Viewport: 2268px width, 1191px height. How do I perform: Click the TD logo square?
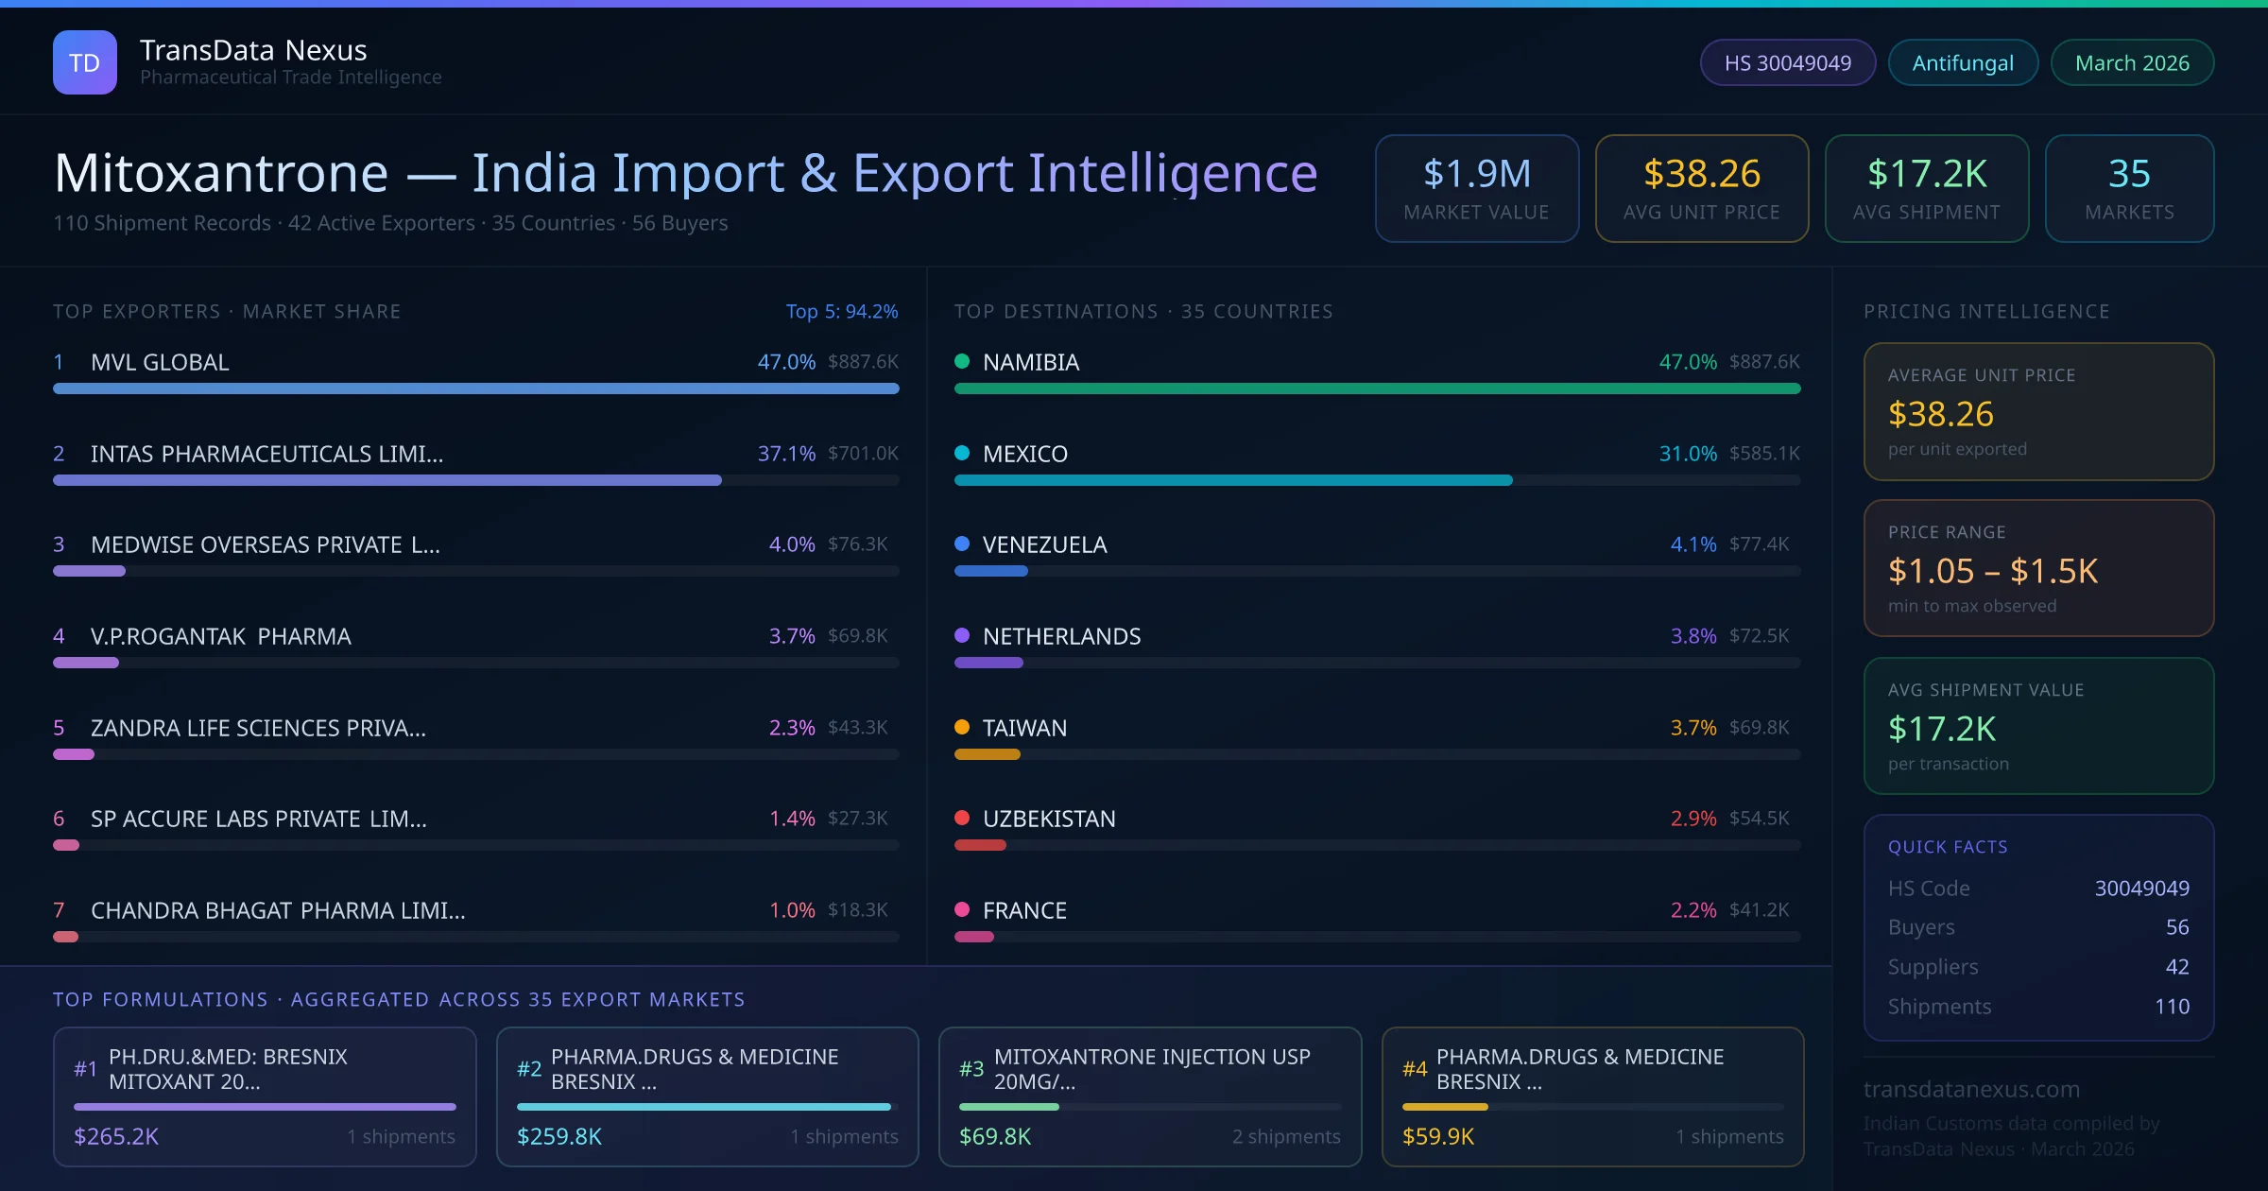[x=85, y=62]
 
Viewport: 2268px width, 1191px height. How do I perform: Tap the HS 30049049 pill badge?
[x=1787, y=63]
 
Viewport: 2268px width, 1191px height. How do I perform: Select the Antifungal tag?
[x=1963, y=63]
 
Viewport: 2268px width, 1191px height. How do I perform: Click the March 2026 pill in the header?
[x=2132, y=63]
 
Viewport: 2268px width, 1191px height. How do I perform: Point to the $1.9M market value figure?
[x=1476, y=174]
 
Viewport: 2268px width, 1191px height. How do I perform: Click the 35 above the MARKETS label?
[x=2129, y=174]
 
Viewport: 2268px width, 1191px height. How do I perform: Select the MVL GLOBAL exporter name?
[x=160, y=362]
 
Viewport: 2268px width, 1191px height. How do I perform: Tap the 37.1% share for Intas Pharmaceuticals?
[x=786, y=454]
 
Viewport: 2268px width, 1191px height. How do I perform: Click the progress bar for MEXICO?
[x=1233, y=481]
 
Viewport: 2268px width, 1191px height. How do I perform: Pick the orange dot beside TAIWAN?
[x=962, y=727]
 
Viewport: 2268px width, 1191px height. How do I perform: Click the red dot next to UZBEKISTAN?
[x=962, y=818]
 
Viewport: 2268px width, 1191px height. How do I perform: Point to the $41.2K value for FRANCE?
[x=1759, y=910]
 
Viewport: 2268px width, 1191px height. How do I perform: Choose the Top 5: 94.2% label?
[x=842, y=312]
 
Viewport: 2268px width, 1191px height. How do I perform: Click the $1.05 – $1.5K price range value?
[x=1992, y=571]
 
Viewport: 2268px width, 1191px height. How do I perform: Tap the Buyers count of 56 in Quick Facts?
[x=2177, y=927]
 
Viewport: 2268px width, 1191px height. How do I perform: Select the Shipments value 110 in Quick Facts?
[x=2172, y=1007]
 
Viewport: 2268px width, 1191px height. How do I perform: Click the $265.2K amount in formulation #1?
[x=116, y=1136]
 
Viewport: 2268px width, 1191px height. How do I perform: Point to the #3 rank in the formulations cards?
[x=971, y=1069]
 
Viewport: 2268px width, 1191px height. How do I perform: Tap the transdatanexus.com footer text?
[x=1971, y=1089]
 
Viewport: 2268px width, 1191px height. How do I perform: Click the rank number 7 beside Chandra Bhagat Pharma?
[x=59, y=910]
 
